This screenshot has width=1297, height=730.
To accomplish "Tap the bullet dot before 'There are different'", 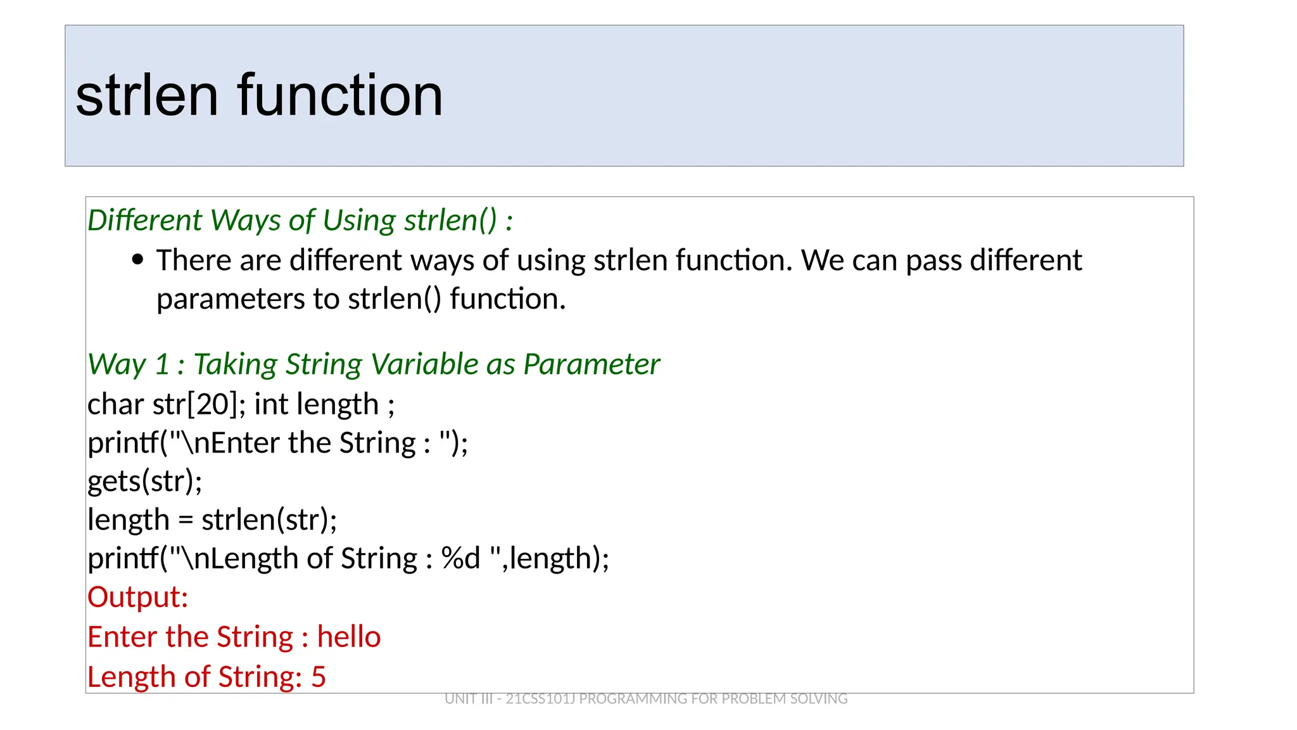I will (138, 260).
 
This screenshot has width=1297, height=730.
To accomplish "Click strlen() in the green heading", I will (450, 220).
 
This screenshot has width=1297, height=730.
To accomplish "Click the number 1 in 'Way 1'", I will (162, 364).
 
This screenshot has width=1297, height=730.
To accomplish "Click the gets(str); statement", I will (144, 482).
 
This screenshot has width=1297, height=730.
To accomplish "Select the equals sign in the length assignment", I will (185, 521).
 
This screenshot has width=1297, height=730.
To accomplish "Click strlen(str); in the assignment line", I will (269, 520).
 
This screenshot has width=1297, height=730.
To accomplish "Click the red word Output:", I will (137, 598).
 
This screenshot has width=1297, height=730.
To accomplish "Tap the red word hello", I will (349, 637).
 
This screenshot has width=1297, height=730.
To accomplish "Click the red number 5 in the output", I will (319, 677).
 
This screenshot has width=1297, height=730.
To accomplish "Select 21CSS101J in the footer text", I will (540, 699).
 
